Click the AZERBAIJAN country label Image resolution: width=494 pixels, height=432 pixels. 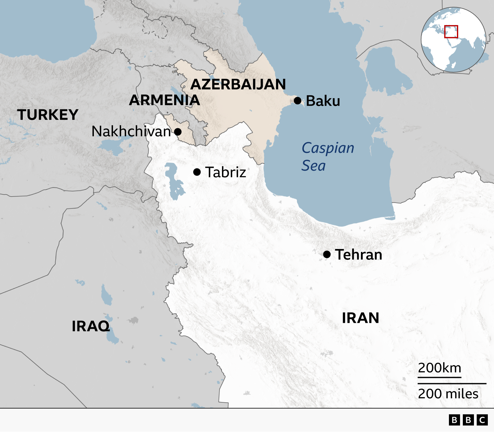238,84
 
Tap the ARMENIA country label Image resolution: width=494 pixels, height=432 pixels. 164,100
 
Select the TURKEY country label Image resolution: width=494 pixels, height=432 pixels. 48,115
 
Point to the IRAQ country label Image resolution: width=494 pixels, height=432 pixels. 91,326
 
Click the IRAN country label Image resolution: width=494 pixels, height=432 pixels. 360,318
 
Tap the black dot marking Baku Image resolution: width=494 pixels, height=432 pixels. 298,101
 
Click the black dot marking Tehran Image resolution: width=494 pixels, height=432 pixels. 327,254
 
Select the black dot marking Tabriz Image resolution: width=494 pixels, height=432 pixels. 197,172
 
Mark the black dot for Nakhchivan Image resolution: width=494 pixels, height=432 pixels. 178,132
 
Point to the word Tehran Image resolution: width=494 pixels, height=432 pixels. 358,255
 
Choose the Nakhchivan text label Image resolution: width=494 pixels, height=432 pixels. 131,132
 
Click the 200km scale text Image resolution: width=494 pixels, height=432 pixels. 439,368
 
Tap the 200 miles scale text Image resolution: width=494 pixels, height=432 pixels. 448,394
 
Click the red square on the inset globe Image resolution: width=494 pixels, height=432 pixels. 451,32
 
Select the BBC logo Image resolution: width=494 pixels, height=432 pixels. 468,420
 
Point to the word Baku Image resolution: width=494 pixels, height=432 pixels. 323,101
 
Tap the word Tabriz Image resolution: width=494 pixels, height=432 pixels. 226,172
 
